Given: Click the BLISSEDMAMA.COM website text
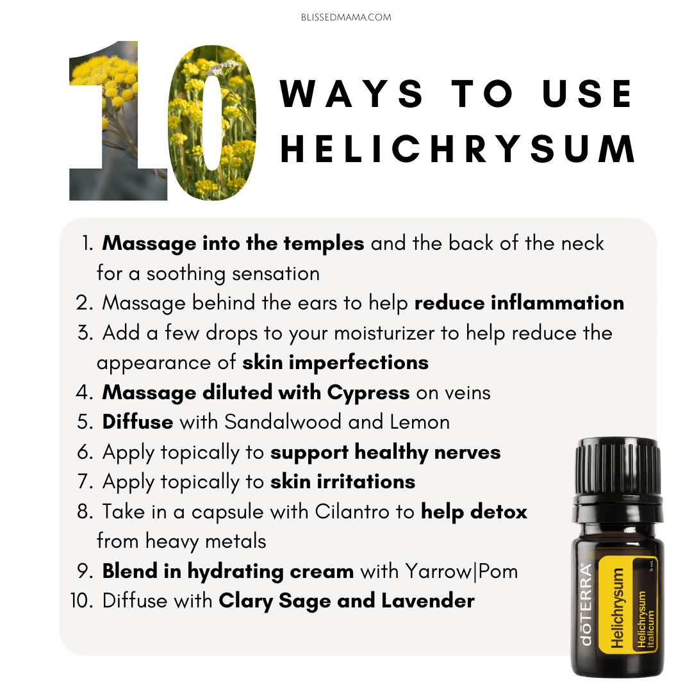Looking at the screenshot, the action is (346, 17).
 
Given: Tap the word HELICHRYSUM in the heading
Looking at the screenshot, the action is (457, 149).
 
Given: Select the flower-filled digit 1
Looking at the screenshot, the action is (119, 121).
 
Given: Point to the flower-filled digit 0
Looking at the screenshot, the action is (212, 122).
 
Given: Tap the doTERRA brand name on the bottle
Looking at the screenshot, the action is (586, 605).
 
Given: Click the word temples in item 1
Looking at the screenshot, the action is (324, 243).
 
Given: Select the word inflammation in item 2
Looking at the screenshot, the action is (557, 302).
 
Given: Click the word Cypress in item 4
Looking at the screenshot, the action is (368, 393).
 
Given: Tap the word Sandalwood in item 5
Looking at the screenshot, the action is (283, 422).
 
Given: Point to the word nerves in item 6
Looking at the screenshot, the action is (467, 453).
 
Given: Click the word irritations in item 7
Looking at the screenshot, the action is (366, 481).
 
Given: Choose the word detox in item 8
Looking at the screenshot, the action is (498, 511).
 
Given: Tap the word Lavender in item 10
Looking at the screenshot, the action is (427, 600).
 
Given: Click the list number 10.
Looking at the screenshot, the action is (81, 600).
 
